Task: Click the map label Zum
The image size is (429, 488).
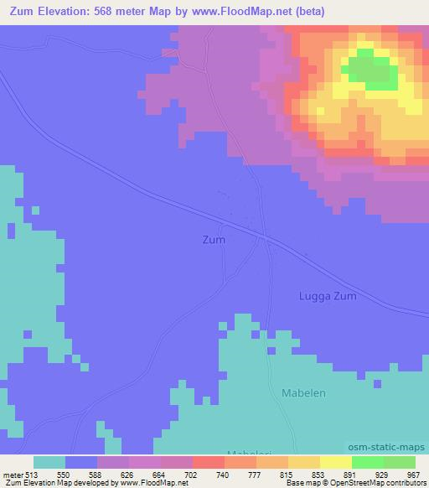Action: tap(214, 239)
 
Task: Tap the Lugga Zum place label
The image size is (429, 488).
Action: tap(328, 296)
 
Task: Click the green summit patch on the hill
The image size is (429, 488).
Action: tap(370, 68)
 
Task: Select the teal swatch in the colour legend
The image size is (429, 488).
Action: tap(49, 462)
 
